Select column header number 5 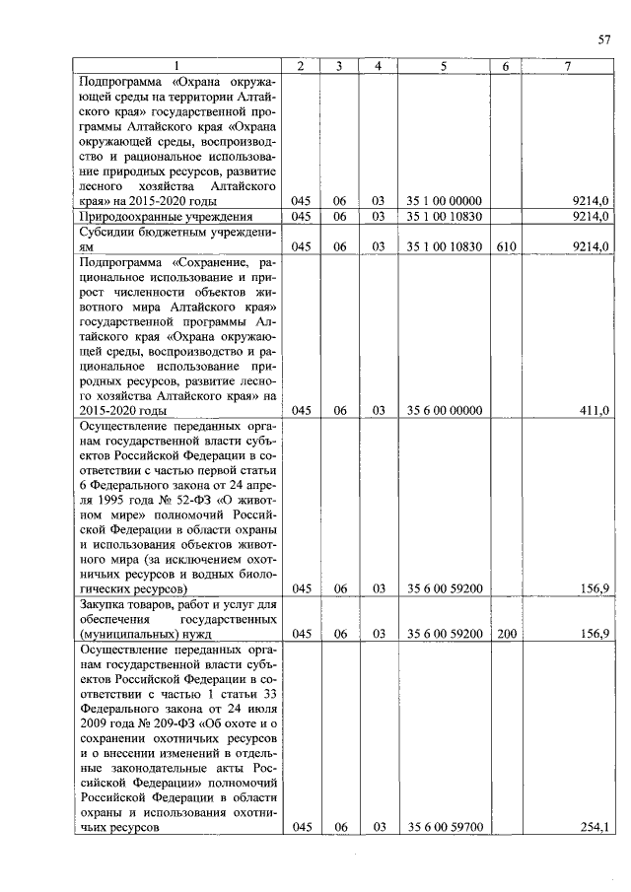(x=444, y=66)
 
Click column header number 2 (x=302, y=66)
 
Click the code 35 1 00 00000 (x=444, y=201)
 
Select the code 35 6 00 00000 (x=444, y=411)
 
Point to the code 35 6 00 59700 (x=444, y=827)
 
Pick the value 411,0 (x=595, y=411)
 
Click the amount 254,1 (x=595, y=827)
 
